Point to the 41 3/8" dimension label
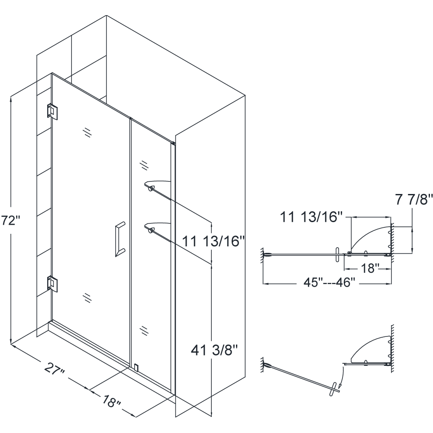click(x=214, y=350)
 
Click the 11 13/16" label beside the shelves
click(x=213, y=241)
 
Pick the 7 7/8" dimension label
click(x=414, y=200)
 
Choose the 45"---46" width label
click(x=329, y=282)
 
